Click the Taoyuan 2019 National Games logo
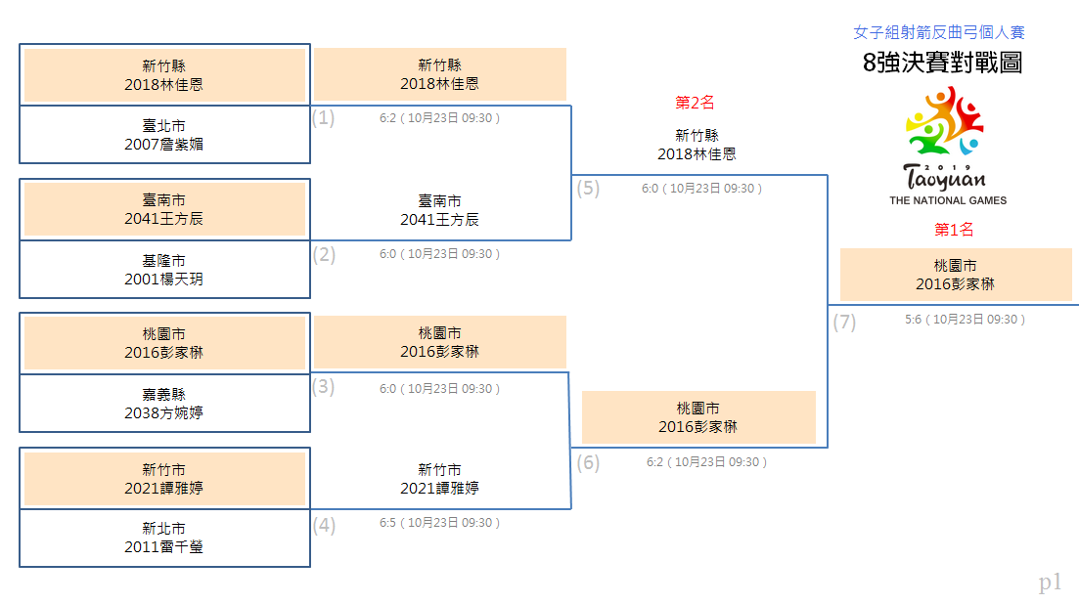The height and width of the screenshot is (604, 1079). click(947, 146)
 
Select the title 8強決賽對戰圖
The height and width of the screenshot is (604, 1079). click(942, 63)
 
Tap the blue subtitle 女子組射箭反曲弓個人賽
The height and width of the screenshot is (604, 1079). click(938, 32)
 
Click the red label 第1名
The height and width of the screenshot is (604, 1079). click(954, 230)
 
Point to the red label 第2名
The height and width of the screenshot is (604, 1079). click(695, 103)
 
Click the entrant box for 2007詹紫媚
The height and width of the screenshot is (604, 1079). click(164, 135)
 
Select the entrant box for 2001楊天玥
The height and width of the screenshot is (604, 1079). click(164, 270)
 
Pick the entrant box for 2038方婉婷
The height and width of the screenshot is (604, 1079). click(164, 404)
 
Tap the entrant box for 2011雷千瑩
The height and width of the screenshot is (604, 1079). click(164, 539)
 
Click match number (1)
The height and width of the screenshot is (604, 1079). click(324, 117)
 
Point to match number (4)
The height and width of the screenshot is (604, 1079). click(324, 526)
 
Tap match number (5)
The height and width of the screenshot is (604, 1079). click(588, 188)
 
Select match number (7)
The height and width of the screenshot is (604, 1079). click(844, 322)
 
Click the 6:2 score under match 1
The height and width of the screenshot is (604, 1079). click(387, 118)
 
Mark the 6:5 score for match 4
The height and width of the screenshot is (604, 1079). click(387, 523)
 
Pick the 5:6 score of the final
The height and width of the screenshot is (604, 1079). click(913, 320)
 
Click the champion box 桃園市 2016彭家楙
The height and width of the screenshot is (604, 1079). click(956, 275)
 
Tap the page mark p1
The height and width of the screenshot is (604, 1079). click(1050, 582)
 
